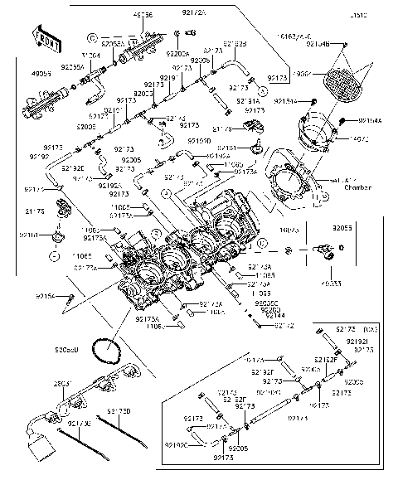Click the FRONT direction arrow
[48, 38]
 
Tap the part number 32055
[342, 226]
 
